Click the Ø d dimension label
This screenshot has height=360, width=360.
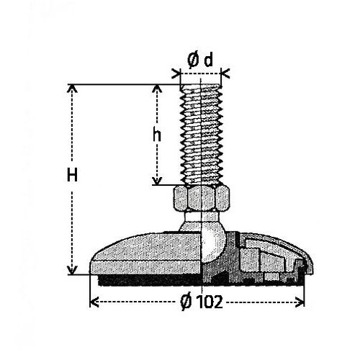click(x=200, y=60)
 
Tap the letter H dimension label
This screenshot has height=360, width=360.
click(x=72, y=175)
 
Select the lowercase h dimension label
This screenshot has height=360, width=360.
click(x=157, y=135)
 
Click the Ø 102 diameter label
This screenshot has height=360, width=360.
click(x=202, y=302)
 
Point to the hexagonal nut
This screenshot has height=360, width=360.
click(x=201, y=198)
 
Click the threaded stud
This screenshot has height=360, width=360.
click(x=201, y=135)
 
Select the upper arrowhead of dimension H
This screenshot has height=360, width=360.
click(x=72, y=89)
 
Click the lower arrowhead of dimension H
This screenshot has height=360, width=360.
click(x=72, y=270)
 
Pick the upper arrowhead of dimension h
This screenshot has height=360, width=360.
click(x=157, y=89)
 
